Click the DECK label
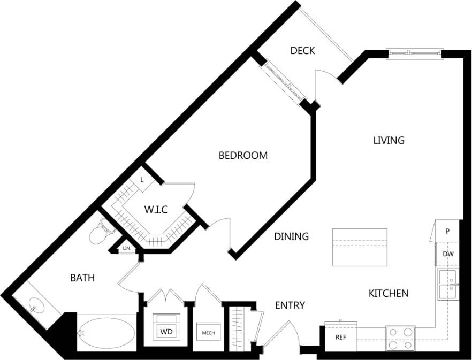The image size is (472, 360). pyautogui.click(x=302, y=51)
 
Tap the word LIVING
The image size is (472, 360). pyautogui.click(x=389, y=141)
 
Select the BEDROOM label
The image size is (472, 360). pyautogui.click(x=243, y=156)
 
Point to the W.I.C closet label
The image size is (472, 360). pyautogui.click(x=156, y=210)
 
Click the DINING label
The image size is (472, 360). pyautogui.click(x=292, y=236)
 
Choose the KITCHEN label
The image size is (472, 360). pyautogui.click(x=389, y=293)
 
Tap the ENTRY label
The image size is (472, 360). pyautogui.click(x=290, y=305)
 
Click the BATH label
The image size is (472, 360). pyautogui.click(x=83, y=278)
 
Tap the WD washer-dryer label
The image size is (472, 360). pyautogui.click(x=166, y=332)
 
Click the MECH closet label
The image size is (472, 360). pyautogui.click(x=208, y=333)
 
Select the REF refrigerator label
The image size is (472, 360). pyautogui.click(x=341, y=338)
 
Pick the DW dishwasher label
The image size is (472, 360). pyautogui.click(x=448, y=254)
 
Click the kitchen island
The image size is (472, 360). pyautogui.click(x=360, y=247)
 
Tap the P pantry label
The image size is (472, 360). pyautogui.click(x=447, y=232)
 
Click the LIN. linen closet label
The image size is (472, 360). pyautogui.click(x=127, y=249)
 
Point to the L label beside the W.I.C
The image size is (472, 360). pyautogui.click(x=142, y=180)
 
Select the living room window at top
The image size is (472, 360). pyautogui.click(x=415, y=52)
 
